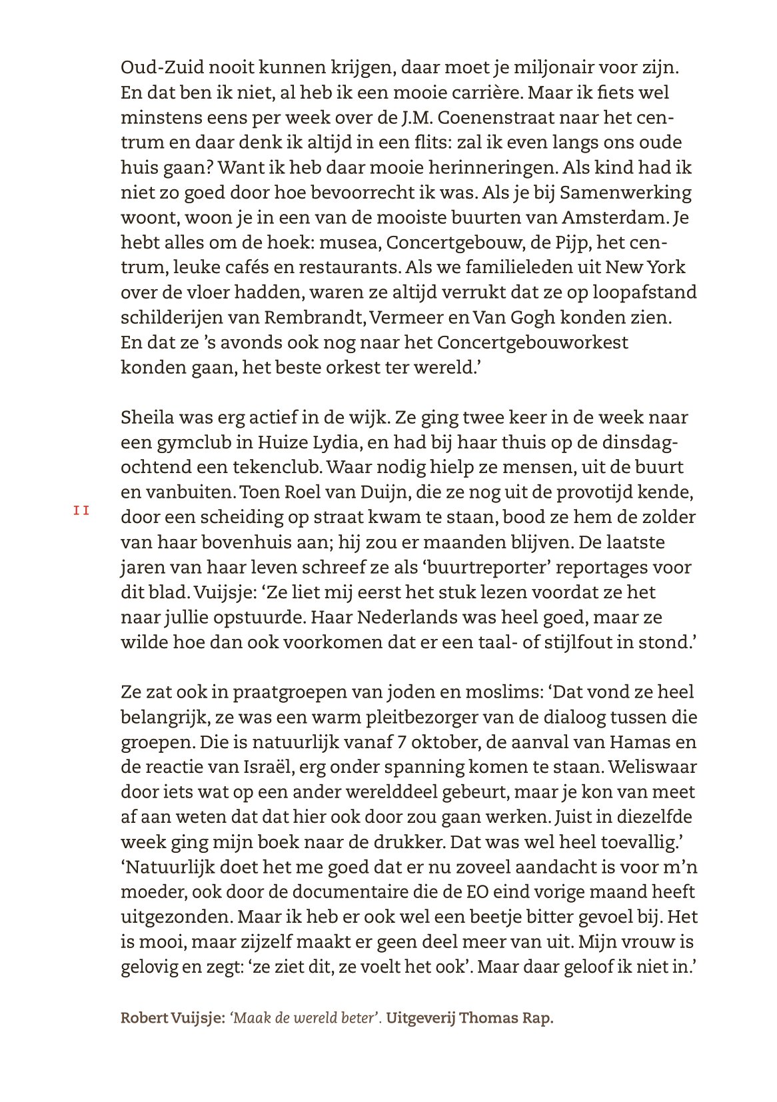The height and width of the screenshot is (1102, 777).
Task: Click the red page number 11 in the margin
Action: tap(81, 511)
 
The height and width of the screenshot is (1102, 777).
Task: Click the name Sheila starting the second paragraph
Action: tap(146, 418)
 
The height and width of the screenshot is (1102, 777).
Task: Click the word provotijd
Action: tap(579, 493)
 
